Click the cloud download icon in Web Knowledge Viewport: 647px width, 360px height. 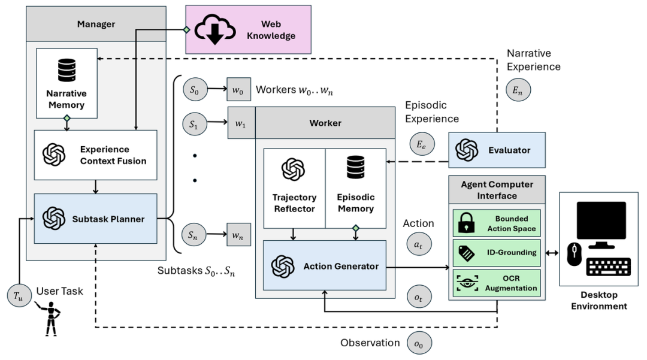coord(215,29)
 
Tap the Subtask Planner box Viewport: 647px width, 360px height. coord(95,219)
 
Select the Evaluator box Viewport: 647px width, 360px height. coord(497,150)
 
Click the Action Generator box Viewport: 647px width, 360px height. coord(325,265)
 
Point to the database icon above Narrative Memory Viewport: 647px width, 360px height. coord(67,70)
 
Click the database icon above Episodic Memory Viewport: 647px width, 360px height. coord(356,167)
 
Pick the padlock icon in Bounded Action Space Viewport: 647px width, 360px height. coord(466,223)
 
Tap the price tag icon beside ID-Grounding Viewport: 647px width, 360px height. coord(466,253)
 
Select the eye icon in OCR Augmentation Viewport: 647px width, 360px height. coord(467,283)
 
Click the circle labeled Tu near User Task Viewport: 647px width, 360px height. coord(19,296)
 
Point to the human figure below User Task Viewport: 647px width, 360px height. coord(50,319)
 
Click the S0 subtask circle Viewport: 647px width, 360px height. coord(194,89)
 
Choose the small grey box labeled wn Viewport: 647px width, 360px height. coord(238,235)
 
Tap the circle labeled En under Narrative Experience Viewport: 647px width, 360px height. coord(518,90)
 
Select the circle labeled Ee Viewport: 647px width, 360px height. coord(422,144)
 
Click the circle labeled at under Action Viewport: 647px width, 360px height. coord(419,244)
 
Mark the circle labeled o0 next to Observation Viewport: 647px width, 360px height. coord(419,343)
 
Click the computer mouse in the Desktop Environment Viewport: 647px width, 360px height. coord(574,254)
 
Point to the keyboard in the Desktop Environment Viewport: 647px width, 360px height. coord(609,267)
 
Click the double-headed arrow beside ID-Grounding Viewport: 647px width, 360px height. coord(552,253)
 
